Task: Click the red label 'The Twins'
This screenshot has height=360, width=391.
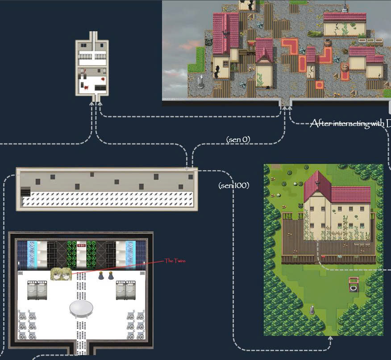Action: pyautogui.click(x=175, y=261)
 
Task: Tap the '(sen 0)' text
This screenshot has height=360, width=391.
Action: pyautogui.click(x=238, y=140)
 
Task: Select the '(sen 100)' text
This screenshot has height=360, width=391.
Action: pyautogui.click(x=233, y=185)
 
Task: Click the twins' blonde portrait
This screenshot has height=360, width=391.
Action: pyautogui.click(x=61, y=274)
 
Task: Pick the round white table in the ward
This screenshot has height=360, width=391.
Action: pyautogui.click(x=81, y=308)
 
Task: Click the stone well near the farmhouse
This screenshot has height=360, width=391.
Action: pyautogui.click(x=354, y=284)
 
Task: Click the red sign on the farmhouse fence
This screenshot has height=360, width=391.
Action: pyautogui.click(x=323, y=257)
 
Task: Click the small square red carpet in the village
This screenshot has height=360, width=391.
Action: pyautogui.click(x=319, y=85)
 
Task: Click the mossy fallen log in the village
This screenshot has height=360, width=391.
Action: pyautogui.click(x=315, y=33)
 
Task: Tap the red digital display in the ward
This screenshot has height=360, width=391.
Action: pyautogui.click(x=81, y=245)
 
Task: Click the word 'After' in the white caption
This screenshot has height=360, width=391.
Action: pyautogui.click(x=321, y=124)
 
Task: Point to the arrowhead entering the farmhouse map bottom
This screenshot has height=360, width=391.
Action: pyautogui.click(x=330, y=338)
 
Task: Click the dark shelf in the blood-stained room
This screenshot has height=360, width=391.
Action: pyautogui.click(x=101, y=88)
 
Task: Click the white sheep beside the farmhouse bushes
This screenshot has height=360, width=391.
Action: pyautogui.click(x=295, y=183)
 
